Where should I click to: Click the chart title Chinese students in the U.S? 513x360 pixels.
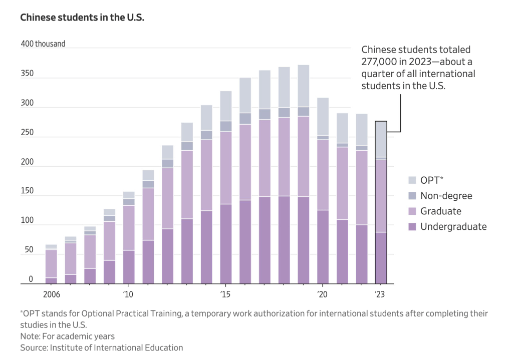[82, 17]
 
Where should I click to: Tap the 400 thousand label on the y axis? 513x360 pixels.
[43, 44]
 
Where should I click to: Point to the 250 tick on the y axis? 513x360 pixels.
[27, 133]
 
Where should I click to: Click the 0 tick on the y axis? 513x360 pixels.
[31, 279]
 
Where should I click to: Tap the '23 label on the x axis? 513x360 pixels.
[381, 294]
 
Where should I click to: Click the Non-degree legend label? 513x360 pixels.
[446, 196]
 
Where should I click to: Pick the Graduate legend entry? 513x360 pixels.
[441, 211]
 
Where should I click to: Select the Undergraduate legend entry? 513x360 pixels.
[453, 227]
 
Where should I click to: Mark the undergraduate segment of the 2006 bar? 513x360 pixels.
[51, 281]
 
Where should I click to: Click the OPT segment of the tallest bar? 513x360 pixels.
[304, 86]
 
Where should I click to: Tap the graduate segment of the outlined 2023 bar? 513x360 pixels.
[381, 196]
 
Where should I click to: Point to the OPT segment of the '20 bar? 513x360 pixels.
[323, 117]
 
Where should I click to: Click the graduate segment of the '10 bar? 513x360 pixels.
[129, 228]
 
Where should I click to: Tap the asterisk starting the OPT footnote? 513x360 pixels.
[22, 313]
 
